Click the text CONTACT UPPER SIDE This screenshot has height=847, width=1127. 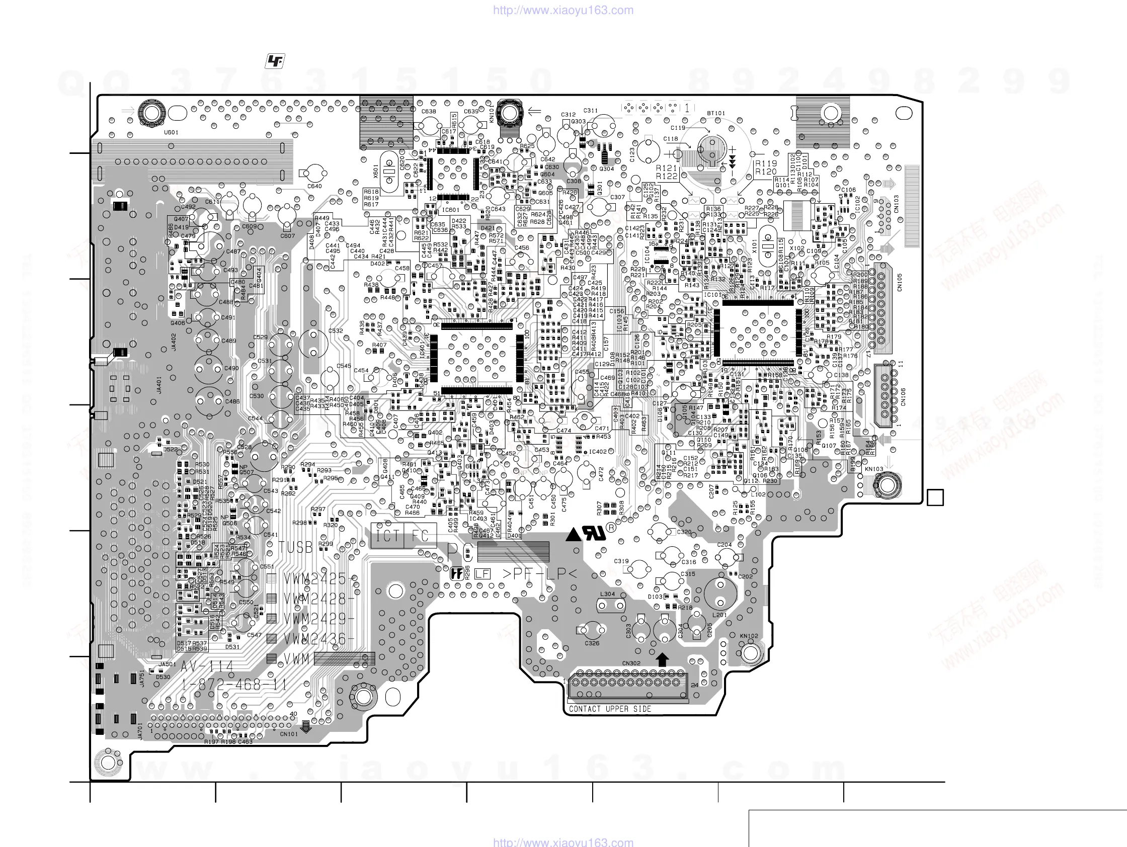coord(610,709)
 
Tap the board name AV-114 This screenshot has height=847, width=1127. coord(207,666)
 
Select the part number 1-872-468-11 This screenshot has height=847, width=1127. coord(234,685)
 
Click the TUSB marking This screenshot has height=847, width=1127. coord(295,548)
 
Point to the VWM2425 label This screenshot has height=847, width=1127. coord(315,579)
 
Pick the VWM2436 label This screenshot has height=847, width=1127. coord(315,639)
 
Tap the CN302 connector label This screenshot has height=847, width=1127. coord(631,663)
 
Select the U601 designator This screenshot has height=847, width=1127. coord(171,132)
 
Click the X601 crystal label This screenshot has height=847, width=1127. coord(376,171)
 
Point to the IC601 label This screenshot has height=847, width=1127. coord(450,209)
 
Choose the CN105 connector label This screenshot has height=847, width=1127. coord(900,283)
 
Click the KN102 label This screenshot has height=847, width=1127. coord(749,636)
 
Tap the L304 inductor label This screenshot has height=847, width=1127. coord(607,594)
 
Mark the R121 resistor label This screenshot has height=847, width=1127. coord(667,167)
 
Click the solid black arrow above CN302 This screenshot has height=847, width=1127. coord(662,659)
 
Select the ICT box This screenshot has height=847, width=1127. coord(387,536)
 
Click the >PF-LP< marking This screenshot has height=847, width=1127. coord(539,574)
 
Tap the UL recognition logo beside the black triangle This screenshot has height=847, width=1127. coord(595,533)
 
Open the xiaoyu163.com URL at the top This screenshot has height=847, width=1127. coord(563,10)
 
